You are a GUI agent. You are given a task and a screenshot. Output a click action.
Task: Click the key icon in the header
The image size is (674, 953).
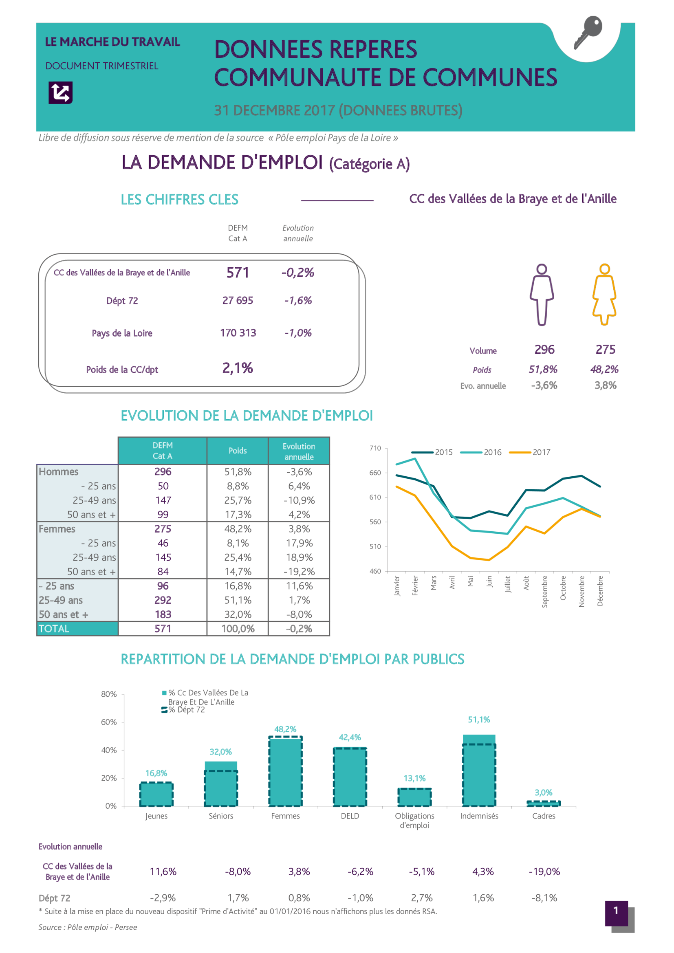pos(588,32)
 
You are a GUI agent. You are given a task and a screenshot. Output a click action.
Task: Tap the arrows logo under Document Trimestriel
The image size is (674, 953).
pos(61,92)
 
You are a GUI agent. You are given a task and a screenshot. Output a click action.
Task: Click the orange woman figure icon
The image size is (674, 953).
pos(604,294)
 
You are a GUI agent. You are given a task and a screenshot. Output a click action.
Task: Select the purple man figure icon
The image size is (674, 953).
pos(542,294)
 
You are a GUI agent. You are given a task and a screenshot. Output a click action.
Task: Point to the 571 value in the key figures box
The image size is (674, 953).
pos(238,273)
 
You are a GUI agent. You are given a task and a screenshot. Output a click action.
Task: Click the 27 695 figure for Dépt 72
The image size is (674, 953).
pos(238,301)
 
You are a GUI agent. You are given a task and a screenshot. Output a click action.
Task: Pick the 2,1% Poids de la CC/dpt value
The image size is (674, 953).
pos(238,368)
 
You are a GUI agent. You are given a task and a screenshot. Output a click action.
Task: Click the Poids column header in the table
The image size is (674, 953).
pos(238,451)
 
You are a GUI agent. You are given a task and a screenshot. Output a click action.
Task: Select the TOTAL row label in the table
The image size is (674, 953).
pos(54,629)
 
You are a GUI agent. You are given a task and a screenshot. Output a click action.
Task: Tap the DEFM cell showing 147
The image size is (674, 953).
pos(163,500)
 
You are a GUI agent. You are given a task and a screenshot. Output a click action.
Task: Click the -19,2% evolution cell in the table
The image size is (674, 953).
pos(299,572)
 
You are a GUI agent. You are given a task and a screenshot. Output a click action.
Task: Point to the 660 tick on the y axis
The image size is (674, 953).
pos(375,473)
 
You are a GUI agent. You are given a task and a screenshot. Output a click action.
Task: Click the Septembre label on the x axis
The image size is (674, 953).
pos(544,592)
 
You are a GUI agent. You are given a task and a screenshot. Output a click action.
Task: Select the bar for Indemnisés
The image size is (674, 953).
pos(479,770)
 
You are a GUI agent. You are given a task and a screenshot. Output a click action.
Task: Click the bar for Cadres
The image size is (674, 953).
pos(544,804)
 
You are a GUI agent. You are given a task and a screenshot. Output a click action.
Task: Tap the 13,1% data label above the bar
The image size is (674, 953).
pos(414,778)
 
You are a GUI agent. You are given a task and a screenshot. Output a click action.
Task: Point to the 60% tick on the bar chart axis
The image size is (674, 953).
pos(109,722)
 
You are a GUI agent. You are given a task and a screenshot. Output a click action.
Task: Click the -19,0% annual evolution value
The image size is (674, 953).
pos(544,872)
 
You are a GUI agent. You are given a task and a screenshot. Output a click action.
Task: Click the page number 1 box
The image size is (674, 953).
pos(616,913)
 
